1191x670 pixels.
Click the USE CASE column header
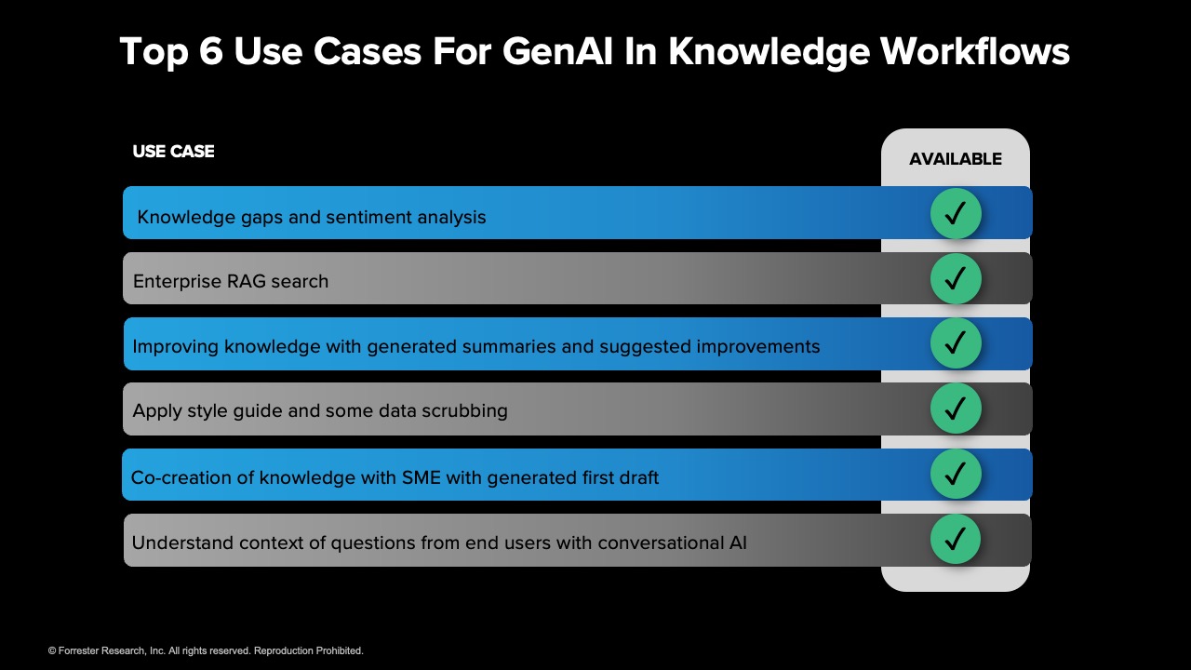click(173, 152)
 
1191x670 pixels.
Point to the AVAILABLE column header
click(955, 159)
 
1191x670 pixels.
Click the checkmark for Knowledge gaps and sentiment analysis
click(956, 214)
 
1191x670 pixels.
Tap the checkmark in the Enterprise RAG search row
click(956, 278)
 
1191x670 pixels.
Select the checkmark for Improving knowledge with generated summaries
click(956, 343)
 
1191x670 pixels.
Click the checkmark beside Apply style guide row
click(956, 409)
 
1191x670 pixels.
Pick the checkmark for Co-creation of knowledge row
click(956, 475)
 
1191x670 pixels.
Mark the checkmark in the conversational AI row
click(956, 539)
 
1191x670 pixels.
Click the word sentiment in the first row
click(372, 218)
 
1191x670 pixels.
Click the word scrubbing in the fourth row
click(464, 411)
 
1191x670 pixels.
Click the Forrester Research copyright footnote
click(206, 650)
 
